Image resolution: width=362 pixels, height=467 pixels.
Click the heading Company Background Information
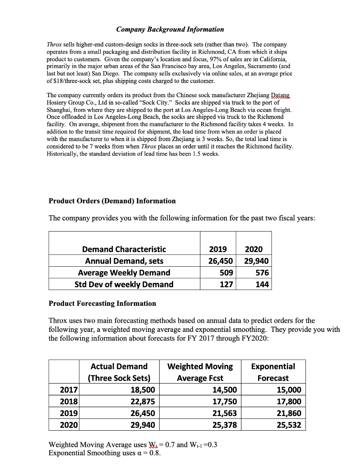click(170, 29)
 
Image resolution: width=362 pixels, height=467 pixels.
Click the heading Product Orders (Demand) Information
click(112, 201)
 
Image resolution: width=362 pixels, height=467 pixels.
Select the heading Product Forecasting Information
click(102, 303)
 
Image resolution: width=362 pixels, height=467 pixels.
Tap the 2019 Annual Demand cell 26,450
click(217, 261)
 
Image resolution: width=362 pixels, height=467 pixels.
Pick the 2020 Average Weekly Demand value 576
click(262, 273)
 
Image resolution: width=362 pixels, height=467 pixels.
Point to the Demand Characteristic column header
click(124, 249)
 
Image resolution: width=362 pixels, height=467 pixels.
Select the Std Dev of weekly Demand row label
click(124, 284)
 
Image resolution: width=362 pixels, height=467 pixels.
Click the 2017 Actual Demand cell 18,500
click(142, 390)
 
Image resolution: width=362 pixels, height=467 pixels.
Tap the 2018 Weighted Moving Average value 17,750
click(224, 402)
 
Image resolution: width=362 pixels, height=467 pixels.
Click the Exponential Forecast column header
click(273, 372)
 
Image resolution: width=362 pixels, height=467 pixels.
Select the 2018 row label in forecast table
click(69, 402)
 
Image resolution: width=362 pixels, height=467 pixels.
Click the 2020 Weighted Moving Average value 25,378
click(224, 425)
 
